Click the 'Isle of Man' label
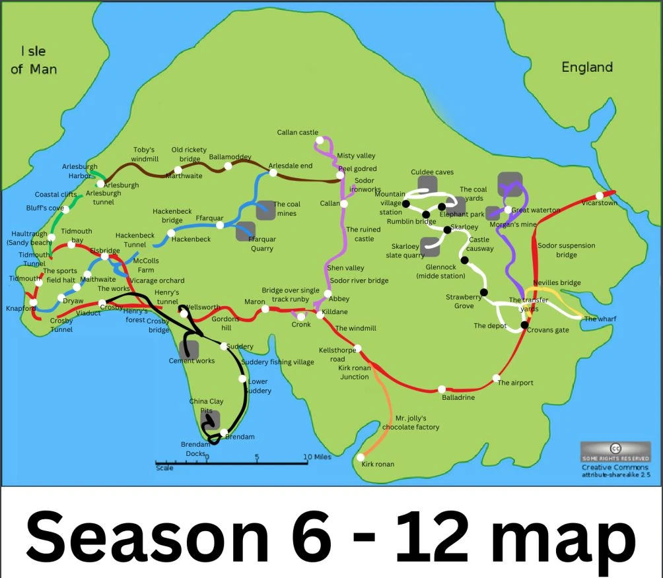click(x=34, y=60)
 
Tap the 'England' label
click(x=586, y=67)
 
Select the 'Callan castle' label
click(x=297, y=133)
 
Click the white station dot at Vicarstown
click(x=599, y=195)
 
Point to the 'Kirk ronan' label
click(x=378, y=464)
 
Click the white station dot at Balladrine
click(x=441, y=389)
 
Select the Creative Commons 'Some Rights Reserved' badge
click(x=615, y=452)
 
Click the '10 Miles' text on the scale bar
click(x=317, y=457)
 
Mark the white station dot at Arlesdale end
click(x=273, y=173)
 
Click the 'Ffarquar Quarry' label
click(x=262, y=243)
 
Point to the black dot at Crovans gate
click(x=524, y=325)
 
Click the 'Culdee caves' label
click(x=432, y=172)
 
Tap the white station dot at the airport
click(x=496, y=378)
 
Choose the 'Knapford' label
click(x=20, y=308)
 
